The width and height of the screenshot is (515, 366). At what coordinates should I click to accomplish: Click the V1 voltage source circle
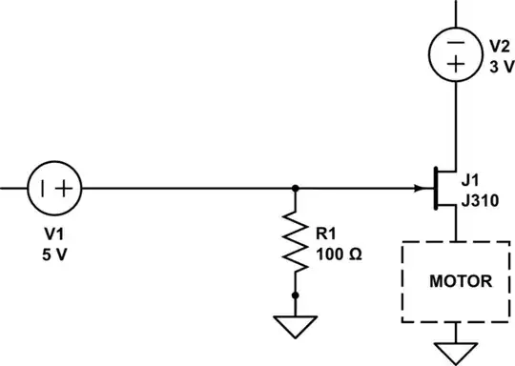pos(54,188)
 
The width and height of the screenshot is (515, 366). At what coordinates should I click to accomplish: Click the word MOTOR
pos(461,282)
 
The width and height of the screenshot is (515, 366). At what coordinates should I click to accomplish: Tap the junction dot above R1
pos(295,188)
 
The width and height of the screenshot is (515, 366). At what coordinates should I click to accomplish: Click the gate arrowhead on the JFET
pos(420,188)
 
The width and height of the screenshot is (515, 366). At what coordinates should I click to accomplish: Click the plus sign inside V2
pos(456,64)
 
